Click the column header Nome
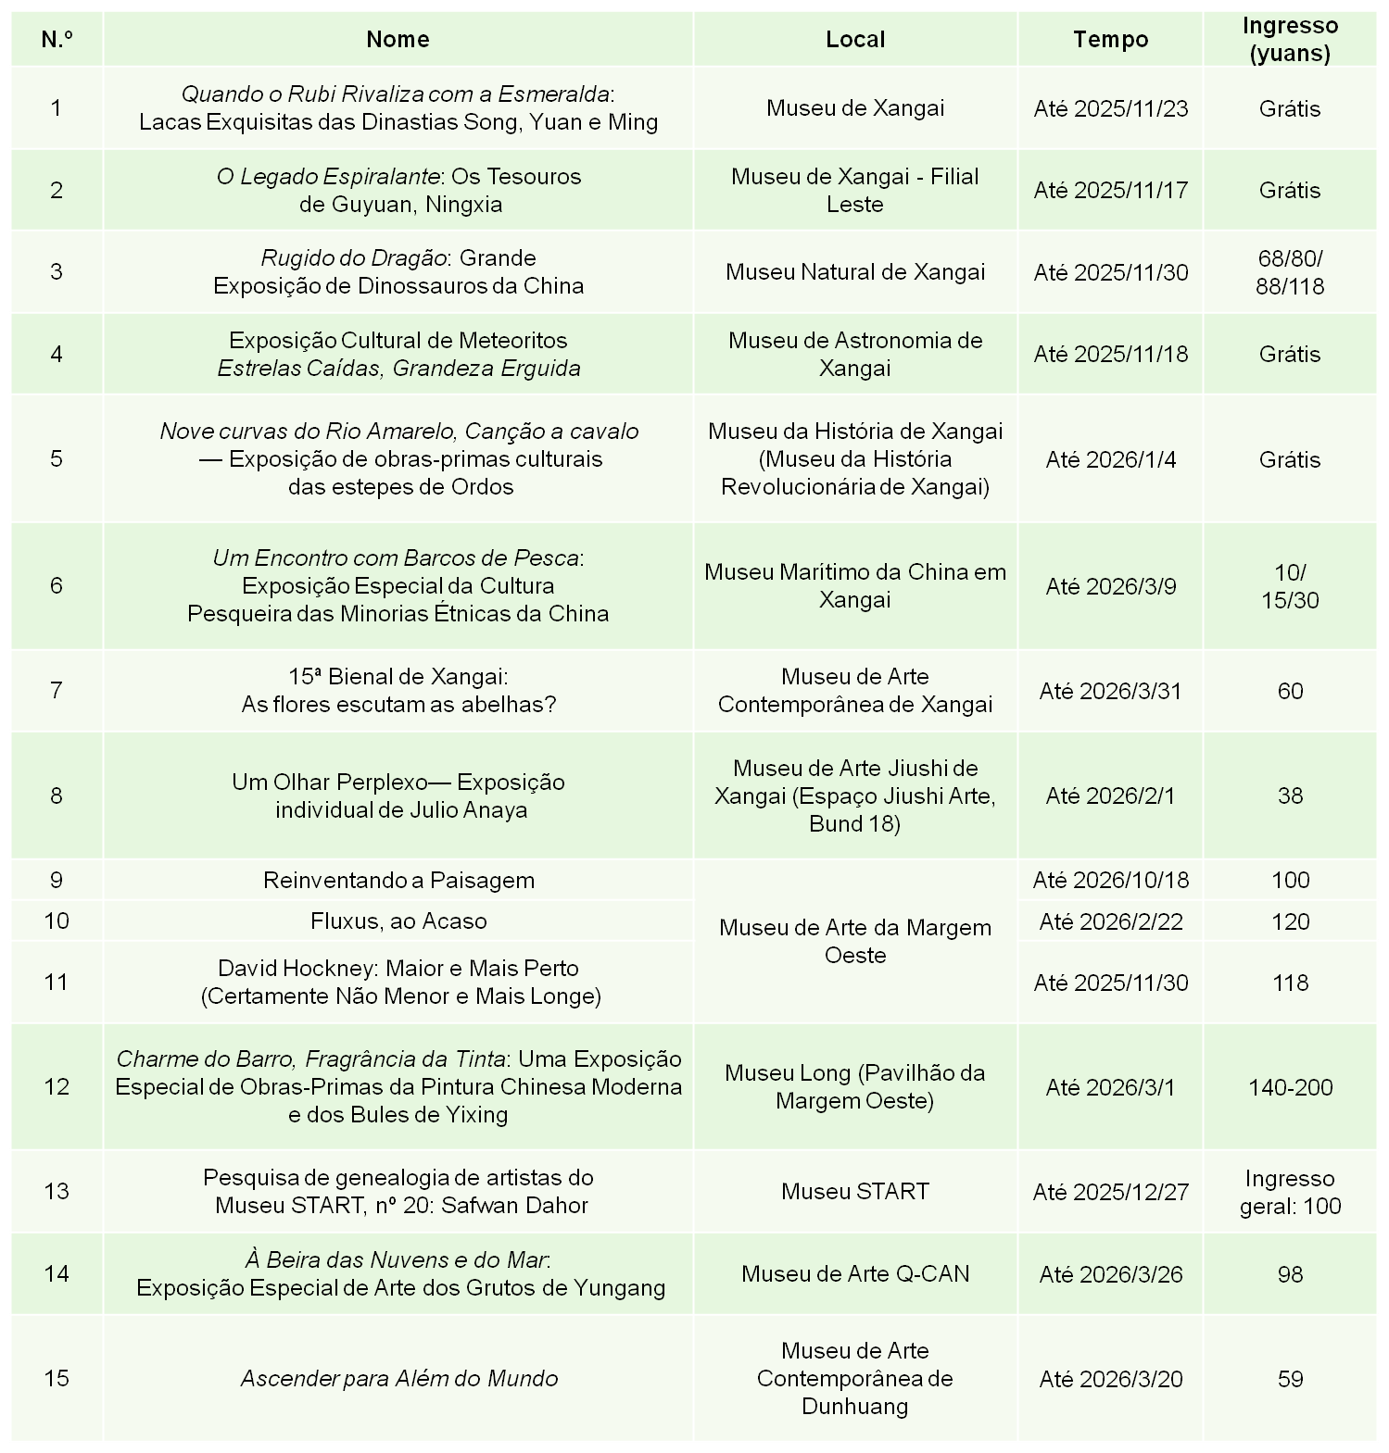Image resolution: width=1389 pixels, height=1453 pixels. [398, 39]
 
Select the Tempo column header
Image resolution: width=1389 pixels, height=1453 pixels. [1110, 39]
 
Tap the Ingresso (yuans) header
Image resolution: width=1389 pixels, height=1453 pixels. [1290, 39]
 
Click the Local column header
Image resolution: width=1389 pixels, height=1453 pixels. [854, 39]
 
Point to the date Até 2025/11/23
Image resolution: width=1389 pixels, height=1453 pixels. [1110, 108]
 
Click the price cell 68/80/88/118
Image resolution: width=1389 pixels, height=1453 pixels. [1290, 272]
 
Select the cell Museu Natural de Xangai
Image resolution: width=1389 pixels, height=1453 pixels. [854, 272]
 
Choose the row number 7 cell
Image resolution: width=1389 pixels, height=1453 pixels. [57, 691]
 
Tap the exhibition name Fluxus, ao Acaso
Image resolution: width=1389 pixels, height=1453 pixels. [398, 921]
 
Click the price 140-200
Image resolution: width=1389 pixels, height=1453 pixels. [1290, 1087]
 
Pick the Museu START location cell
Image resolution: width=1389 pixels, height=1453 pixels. [854, 1192]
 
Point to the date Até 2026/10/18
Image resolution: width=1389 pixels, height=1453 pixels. [1110, 880]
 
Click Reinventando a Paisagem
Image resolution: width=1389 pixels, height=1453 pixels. [398, 880]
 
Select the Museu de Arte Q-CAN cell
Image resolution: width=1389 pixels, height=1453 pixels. [854, 1274]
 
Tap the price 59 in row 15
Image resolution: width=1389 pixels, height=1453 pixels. [1290, 1379]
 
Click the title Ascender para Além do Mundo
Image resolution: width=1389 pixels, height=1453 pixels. [398, 1379]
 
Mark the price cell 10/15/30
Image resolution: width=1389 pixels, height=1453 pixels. [1290, 586]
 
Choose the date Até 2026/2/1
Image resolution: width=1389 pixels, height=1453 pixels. [1110, 795]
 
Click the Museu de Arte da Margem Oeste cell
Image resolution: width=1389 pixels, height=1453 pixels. [854, 941]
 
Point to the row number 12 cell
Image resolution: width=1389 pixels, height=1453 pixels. [57, 1087]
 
